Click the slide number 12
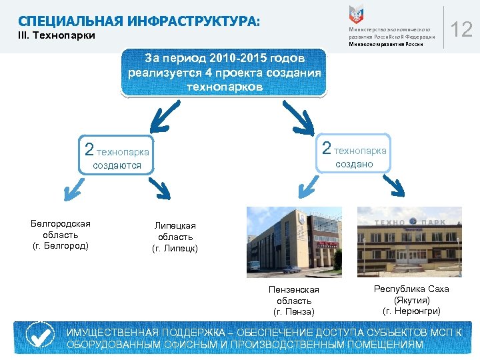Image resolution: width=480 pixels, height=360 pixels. coord(462,29)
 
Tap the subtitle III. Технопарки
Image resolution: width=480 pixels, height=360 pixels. coord(57,35)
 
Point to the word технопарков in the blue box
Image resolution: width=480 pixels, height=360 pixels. coord(225,87)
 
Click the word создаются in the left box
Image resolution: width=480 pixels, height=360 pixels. coord(117,165)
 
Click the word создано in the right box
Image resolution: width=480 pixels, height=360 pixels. coord(354,164)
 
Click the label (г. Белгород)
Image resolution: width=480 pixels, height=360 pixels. coord(61,246)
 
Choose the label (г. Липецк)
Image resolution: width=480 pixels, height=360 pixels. coord(175,249)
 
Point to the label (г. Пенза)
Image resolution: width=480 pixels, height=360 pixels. coord(294,311)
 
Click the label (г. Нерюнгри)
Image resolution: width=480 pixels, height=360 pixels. coord(411,311)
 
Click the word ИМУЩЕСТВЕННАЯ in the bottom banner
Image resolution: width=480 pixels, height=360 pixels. coord(112,332)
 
